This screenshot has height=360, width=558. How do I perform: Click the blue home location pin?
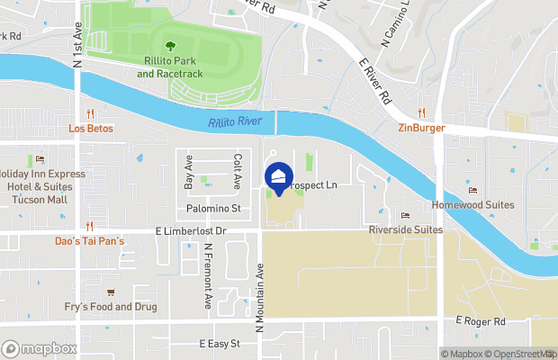[x=278, y=177]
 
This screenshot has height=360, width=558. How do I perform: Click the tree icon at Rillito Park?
[x=169, y=44]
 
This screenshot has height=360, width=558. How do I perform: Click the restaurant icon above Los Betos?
[x=90, y=113]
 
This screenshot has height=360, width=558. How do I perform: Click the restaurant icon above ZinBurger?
[x=421, y=112]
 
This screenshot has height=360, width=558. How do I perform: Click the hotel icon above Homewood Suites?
[x=473, y=190]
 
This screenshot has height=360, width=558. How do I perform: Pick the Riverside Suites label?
[x=406, y=230]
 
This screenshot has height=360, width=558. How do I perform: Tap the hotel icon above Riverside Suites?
[x=404, y=215]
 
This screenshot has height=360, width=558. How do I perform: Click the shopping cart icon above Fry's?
[x=111, y=292]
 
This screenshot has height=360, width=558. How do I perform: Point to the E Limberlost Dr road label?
[x=189, y=231]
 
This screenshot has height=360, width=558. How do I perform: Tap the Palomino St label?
[x=213, y=209]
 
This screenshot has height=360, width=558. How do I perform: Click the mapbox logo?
[x=40, y=348]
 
